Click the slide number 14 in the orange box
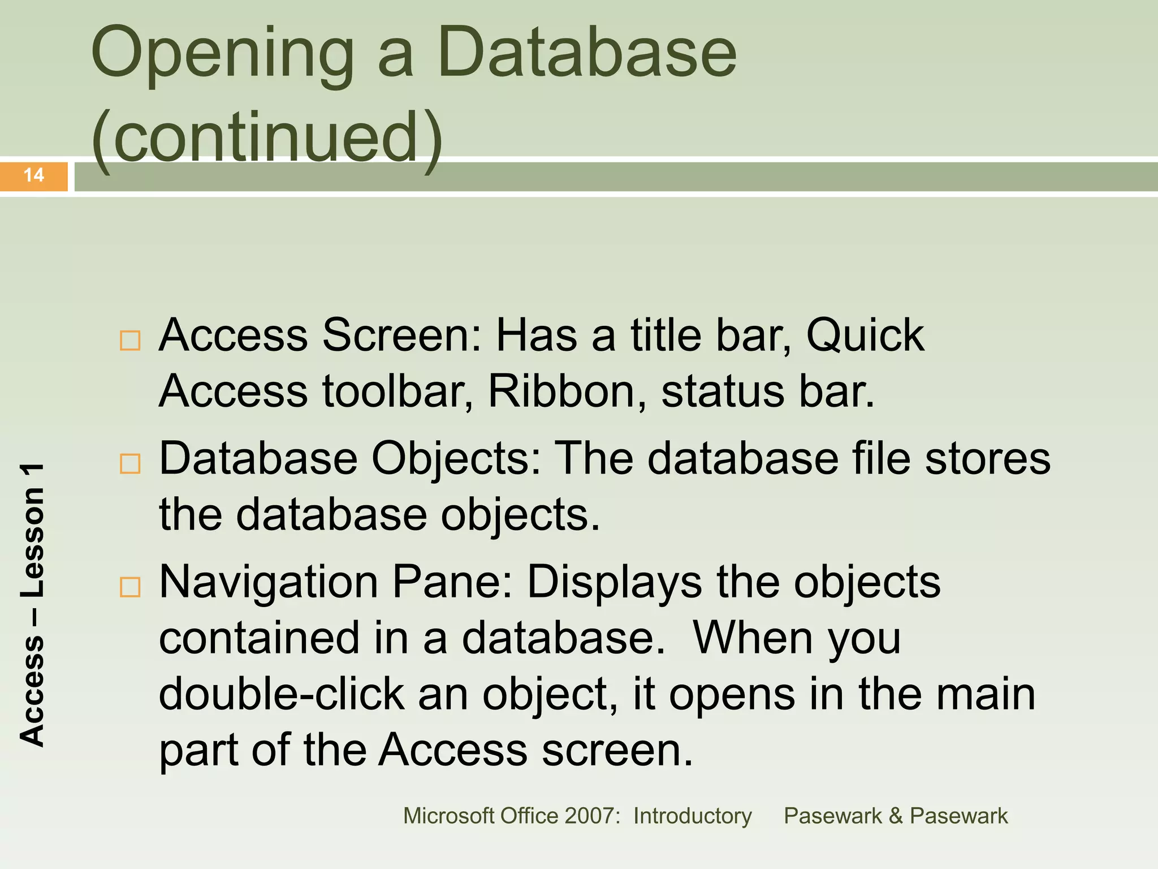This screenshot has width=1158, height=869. click(34, 175)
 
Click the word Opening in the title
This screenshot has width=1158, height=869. click(222, 55)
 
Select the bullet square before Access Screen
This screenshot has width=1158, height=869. click(130, 341)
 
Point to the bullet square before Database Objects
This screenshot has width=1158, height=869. click(130, 464)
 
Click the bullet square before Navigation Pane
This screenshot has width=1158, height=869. click(130, 587)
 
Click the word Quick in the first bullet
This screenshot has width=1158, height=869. click(865, 335)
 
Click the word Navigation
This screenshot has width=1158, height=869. click(269, 583)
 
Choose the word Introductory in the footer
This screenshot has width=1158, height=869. click(692, 816)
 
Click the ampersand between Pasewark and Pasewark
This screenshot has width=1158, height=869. click(895, 816)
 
